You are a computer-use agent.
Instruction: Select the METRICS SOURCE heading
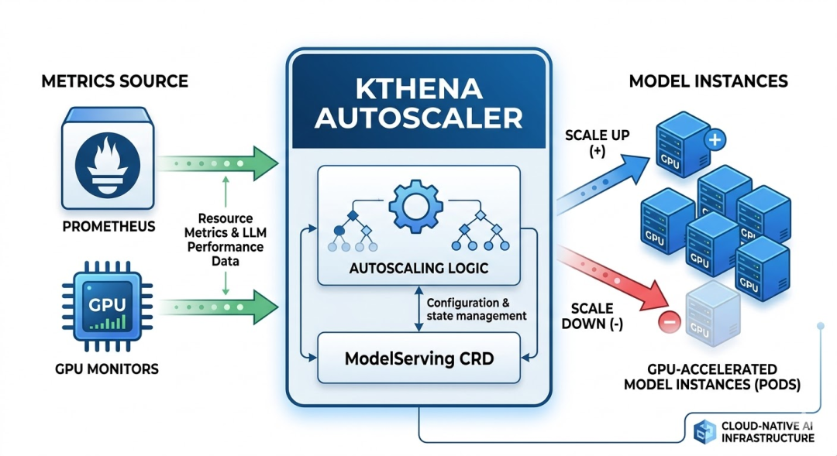pyautogui.click(x=115, y=81)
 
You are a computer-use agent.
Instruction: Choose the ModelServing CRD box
pyautogui.click(x=418, y=359)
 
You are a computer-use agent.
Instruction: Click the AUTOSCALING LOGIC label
pyautogui.click(x=418, y=268)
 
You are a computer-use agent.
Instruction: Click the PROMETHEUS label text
pyautogui.click(x=109, y=228)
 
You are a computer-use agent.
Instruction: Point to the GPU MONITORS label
pyautogui.click(x=107, y=369)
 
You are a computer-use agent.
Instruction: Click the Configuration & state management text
pyautogui.click(x=476, y=309)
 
